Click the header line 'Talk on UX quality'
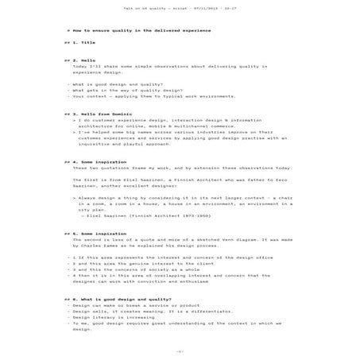coord(180,10)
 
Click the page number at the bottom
coord(180,350)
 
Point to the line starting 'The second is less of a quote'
coord(183,239)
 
